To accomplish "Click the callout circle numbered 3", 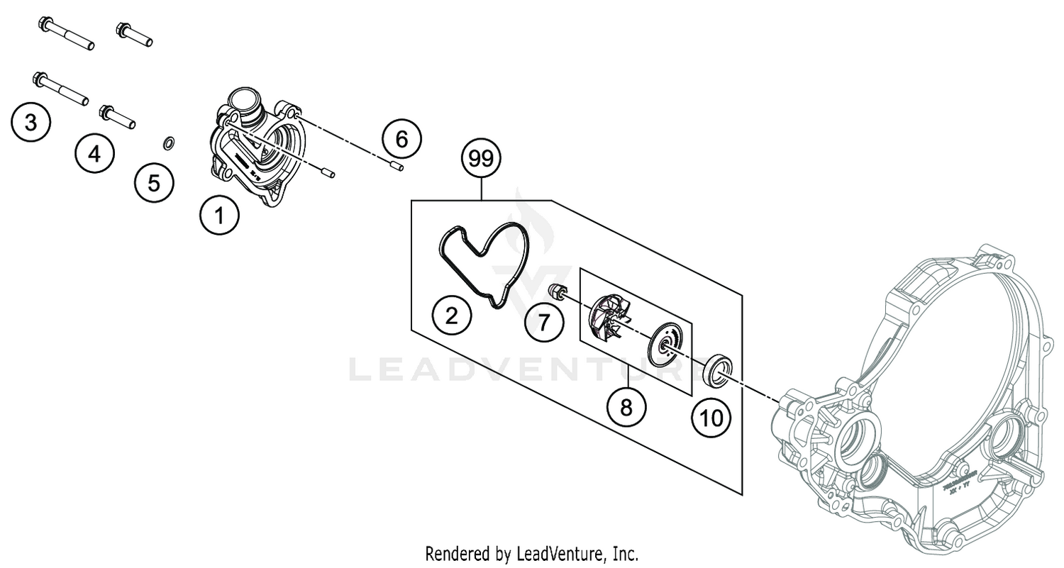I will click(x=31, y=123).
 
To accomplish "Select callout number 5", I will click(x=154, y=183).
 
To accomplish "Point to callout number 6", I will click(x=401, y=139).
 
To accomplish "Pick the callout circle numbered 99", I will click(x=480, y=160).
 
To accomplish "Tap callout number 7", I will click(x=543, y=323).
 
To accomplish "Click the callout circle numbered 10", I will click(x=711, y=418).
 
